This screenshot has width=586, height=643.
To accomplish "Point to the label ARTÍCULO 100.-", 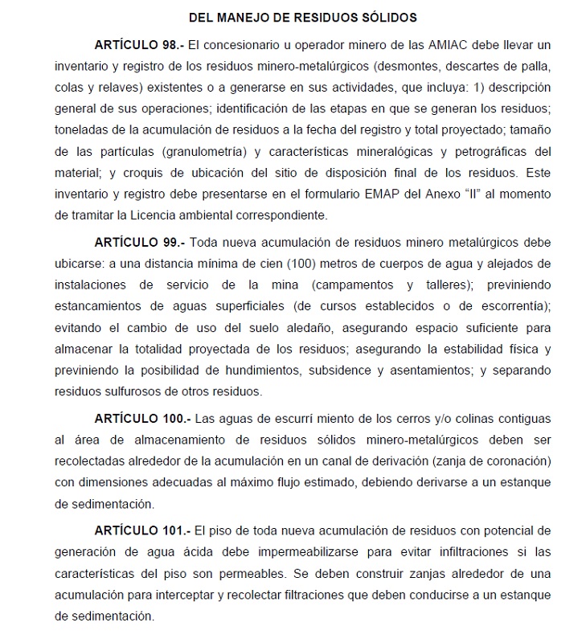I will tap(143, 420).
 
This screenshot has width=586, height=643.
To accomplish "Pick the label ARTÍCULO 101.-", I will tap(143, 531).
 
